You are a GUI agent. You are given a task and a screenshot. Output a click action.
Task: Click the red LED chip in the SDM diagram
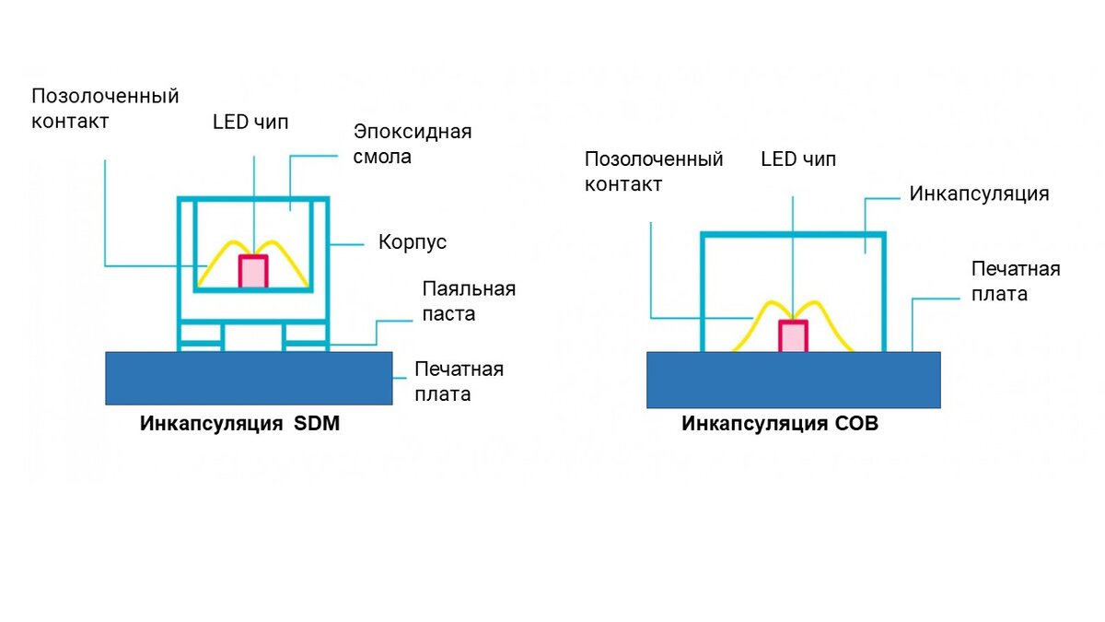coord(253,272)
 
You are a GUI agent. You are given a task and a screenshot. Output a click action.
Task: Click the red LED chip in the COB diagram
coord(793,335)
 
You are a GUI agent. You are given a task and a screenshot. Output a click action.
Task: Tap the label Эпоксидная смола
coord(413,144)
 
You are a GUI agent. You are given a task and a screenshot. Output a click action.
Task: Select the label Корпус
coord(413,242)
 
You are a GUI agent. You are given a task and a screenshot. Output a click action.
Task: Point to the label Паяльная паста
coord(469,301)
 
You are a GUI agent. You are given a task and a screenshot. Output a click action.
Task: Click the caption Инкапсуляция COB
coord(780,424)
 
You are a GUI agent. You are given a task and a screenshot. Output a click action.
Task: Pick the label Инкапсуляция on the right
coord(980,194)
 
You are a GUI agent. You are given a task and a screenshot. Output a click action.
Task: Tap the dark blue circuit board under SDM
coord(249,378)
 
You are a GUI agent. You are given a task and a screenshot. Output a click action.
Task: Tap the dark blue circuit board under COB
coord(793,380)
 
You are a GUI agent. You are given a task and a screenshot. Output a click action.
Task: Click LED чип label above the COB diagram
coord(798,158)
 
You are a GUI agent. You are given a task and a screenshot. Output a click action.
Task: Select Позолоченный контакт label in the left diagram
coord(105,108)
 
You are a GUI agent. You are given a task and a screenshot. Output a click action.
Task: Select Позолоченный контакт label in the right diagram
coord(654,171)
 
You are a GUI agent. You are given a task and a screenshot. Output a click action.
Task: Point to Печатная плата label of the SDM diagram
coord(459,381)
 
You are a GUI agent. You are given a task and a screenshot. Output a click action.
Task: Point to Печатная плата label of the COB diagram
coord(1016,281)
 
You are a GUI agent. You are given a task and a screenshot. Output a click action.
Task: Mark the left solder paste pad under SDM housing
coord(202,345)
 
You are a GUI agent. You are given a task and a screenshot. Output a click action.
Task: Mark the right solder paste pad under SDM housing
coord(307,345)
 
